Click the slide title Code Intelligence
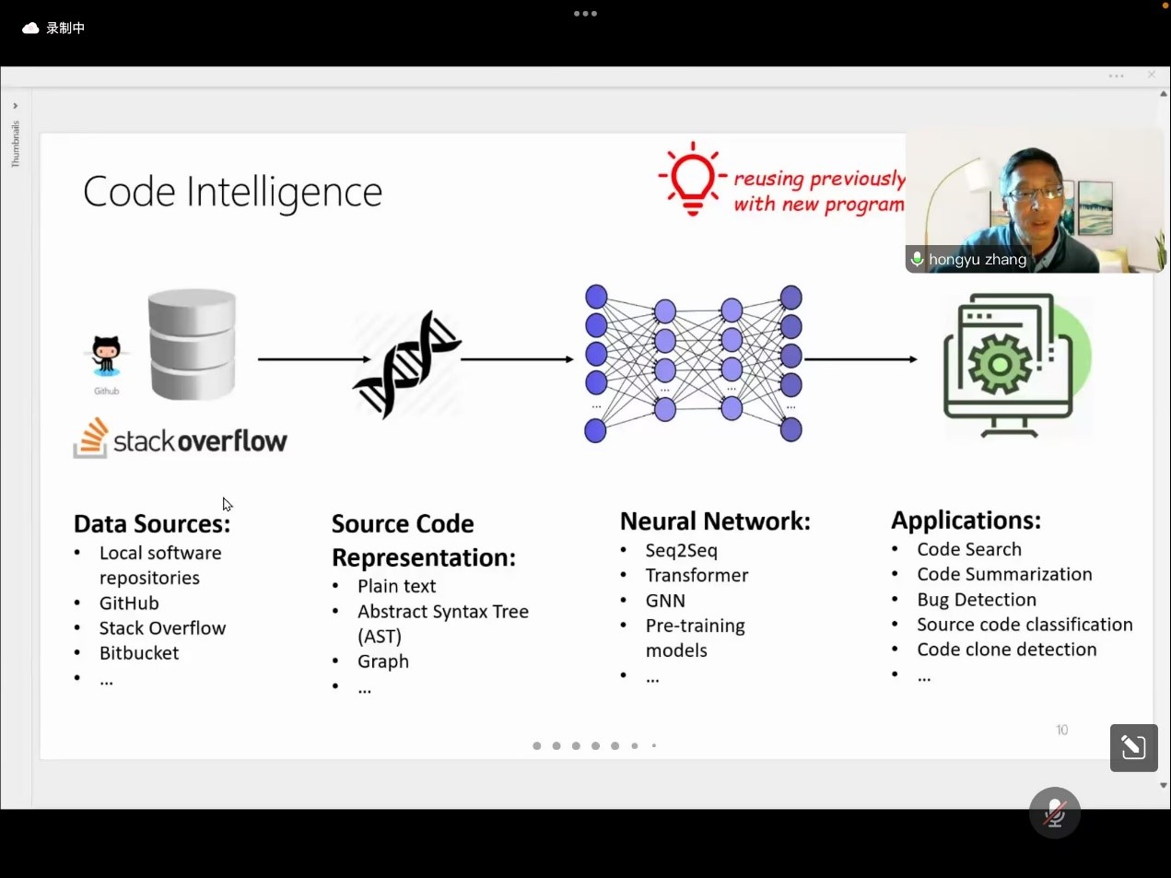click(x=232, y=192)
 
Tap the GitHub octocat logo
click(x=106, y=356)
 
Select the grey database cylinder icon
click(x=193, y=344)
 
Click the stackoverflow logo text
click(x=199, y=441)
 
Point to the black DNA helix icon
click(x=407, y=363)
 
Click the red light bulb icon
click(x=692, y=179)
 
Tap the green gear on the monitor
click(x=1000, y=363)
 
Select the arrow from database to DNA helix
click(x=313, y=359)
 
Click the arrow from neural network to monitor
click(x=861, y=359)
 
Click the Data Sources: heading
click(x=152, y=524)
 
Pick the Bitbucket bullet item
click(x=139, y=653)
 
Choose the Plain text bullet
click(x=396, y=587)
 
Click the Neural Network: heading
click(x=715, y=521)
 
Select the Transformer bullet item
click(x=697, y=576)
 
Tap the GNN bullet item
click(x=665, y=601)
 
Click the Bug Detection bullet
click(x=977, y=600)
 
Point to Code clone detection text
click(x=1007, y=650)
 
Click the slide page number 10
click(x=1062, y=730)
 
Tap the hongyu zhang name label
click(x=977, y=260)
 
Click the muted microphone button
click(x=1055, y=813)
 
